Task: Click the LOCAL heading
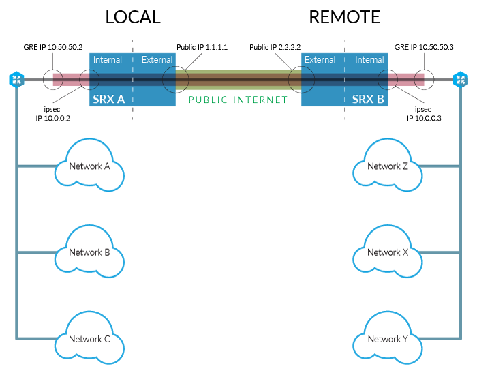133,17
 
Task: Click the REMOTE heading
345,17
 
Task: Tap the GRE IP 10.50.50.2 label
53,47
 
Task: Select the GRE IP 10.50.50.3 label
424,47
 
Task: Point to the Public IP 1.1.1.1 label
202,47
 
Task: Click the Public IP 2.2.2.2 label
275,47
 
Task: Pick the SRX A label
108,100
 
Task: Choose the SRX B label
368,100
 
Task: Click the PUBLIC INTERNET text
238,100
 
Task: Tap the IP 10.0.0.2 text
53,118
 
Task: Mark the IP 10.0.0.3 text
424,118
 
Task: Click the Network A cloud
89,165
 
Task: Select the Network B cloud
89,252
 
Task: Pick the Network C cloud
89,338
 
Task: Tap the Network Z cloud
388,165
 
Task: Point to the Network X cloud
388,252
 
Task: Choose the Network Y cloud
388,338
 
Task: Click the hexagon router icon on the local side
16,80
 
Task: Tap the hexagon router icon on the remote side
461,80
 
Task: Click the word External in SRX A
157,60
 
